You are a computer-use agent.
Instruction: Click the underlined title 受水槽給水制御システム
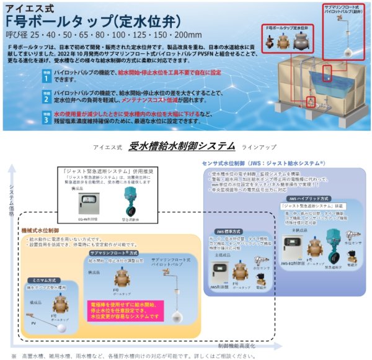(182, 146)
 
